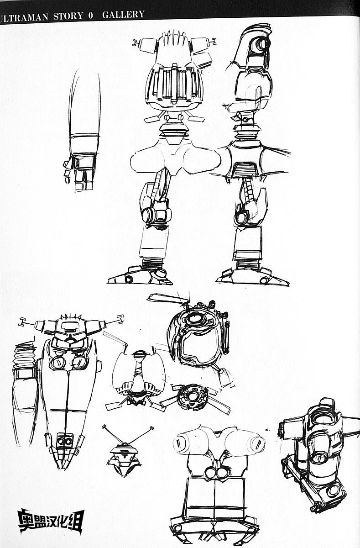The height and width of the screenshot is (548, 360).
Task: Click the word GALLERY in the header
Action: [x=123, y=15]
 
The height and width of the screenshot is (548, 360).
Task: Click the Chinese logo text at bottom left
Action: [x=51, y=521]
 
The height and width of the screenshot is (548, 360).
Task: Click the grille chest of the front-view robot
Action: [x=174, y=84]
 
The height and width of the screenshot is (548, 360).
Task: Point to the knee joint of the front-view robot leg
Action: [x=156, y=215]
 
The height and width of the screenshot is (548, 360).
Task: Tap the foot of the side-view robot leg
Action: [x=251, y=275]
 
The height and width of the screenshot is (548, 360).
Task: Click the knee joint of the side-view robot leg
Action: [x=242, y=217]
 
